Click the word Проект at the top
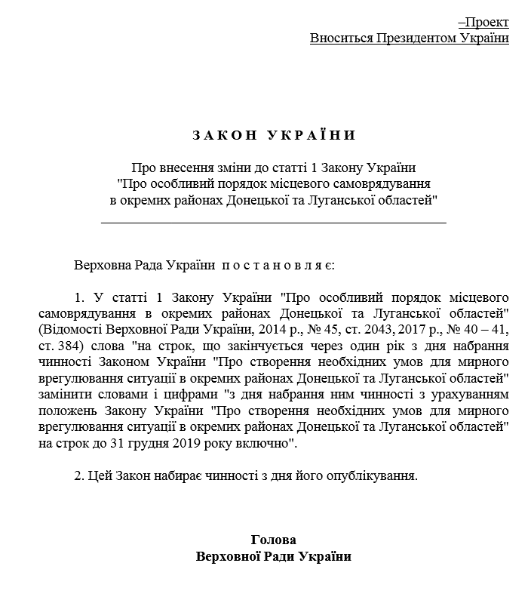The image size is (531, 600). pyautogui.click(x=488, y=23)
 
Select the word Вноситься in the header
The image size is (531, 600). pyautogui.click(x=337, y=38)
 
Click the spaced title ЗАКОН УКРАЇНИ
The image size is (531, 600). pyautogui.click(x=273, y=136)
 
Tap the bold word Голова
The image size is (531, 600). pyautogui.click(x=273, y=540)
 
